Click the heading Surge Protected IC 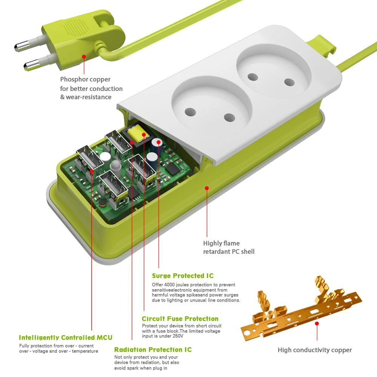click(x=182, y=276)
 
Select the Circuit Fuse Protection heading click(x=180, y=319)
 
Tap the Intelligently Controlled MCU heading click(x=65, y=337)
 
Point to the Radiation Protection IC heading click(x=153, y=350)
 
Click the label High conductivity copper click(x=314, y=350)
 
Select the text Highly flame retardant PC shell click(x=228, y=247)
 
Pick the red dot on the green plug click(x=84, y=57)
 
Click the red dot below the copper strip click(x=317, y=323)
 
